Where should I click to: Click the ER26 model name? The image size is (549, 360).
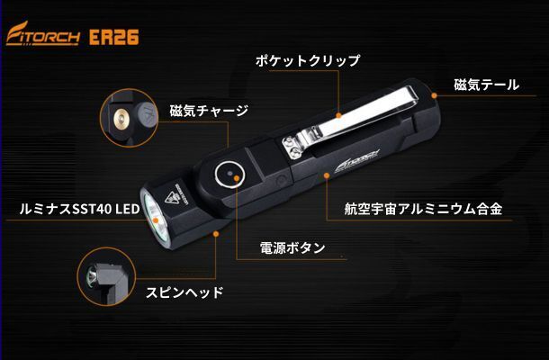(x=113, y=37)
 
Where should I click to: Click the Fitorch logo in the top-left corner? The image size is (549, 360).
(x=43, y=34)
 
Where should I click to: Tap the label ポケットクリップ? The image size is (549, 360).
(x=308, y=60)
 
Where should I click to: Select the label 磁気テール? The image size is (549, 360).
(x=486, y=85)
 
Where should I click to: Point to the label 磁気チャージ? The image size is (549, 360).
(x=209, y=111)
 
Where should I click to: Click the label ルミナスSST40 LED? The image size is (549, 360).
(x=79, y=209)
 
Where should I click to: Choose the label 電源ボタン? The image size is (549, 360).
(x=292, y=247)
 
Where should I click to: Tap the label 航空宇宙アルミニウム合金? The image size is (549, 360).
(x=423, y=209)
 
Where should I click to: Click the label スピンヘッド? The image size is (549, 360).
(x=184, y=292)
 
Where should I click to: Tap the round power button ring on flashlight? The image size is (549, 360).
(x=229, y=175)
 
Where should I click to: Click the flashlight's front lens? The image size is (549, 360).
(x=155, y=218)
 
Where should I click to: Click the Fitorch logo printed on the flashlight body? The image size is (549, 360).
(x=356, y=161)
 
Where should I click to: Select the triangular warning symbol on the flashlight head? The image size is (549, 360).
(x=172, y=198)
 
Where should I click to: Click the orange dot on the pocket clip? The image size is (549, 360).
(x=338, y=115)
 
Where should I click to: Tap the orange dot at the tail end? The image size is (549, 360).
(x=434, y=95)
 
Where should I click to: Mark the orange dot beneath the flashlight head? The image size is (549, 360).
(x=216, y=234)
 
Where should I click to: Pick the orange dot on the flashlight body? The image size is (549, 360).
(x=327, y=175)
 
